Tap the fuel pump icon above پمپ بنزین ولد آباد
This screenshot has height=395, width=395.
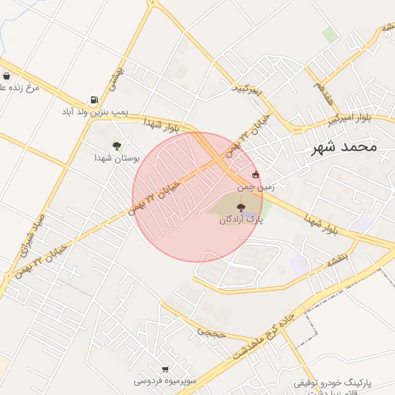point(94,100)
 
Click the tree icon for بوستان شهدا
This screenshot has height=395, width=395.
point(116,145)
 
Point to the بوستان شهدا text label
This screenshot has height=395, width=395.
point(116,157)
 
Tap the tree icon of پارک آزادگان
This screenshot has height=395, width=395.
point(241,207)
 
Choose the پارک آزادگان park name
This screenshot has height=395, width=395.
point(241,220)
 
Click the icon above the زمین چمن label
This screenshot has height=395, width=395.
point(256,174)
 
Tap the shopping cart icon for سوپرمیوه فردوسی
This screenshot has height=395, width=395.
point(165,370)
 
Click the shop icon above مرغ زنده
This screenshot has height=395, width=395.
point(7,76)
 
